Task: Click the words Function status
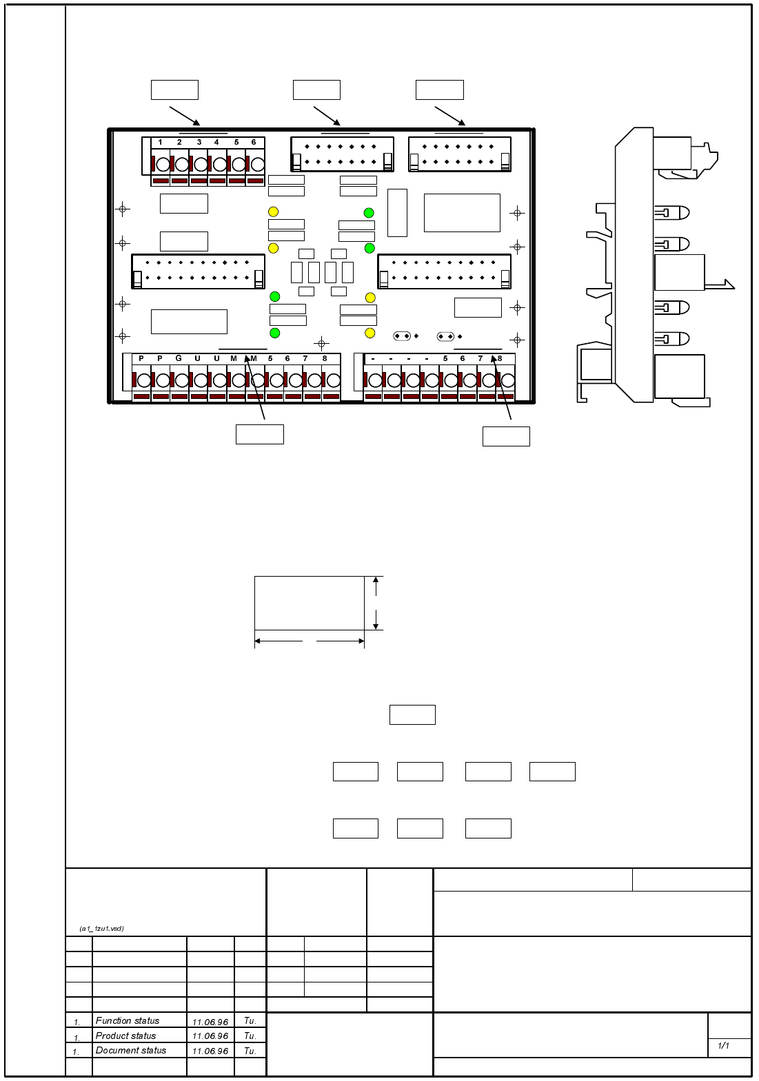[128, 1020]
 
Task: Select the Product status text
[125, 1035]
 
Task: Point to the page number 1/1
[723, 1045]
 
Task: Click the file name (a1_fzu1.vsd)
[102, 928]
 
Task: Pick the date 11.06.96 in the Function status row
[210, 1022]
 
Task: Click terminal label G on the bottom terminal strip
[179, 358]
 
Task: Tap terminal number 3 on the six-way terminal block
[199, 142]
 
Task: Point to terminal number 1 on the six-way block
[161, 142]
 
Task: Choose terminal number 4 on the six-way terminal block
[216, 142]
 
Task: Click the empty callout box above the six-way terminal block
[175, 90]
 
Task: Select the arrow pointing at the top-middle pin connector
[327, 116]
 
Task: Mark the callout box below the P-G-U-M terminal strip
[260, 434]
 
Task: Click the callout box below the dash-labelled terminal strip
[506, 436]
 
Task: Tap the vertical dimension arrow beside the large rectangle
[376, 604]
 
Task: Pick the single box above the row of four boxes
[412, 714]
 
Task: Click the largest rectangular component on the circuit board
[462, 213]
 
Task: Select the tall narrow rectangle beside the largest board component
[397, 213]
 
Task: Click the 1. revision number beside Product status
[77, 1037]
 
